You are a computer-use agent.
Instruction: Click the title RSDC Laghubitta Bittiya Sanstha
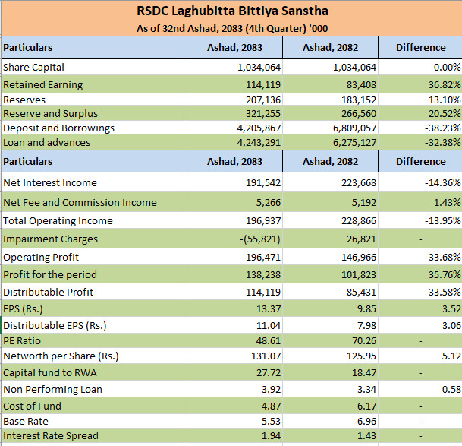[232, 11]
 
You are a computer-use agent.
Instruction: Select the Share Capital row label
[33, 68]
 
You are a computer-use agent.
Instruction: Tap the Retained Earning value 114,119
[263, 84]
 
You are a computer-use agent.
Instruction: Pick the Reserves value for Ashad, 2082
[359, 100]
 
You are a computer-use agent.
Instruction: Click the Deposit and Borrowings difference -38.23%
[442, 128]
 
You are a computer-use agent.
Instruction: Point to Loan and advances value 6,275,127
[354, 142]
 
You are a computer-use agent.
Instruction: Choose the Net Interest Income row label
[50, 182]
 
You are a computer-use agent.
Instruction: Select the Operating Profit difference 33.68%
[445, 257]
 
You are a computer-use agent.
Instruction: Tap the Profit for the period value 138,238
[263, 274]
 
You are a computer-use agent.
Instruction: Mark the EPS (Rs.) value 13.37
[269, 308]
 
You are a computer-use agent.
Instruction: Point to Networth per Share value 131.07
[266, 356]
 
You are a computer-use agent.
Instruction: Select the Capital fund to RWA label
[50, 372]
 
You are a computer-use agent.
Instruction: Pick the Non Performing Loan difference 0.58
[451, 389]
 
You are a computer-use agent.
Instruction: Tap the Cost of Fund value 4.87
[271, 406]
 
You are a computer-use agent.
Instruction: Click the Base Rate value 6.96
[366, 421]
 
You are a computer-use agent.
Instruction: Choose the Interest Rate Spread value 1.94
[271, 435]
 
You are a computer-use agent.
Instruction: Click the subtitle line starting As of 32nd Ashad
[232, 29]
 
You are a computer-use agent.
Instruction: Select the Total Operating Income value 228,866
[359, 221]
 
